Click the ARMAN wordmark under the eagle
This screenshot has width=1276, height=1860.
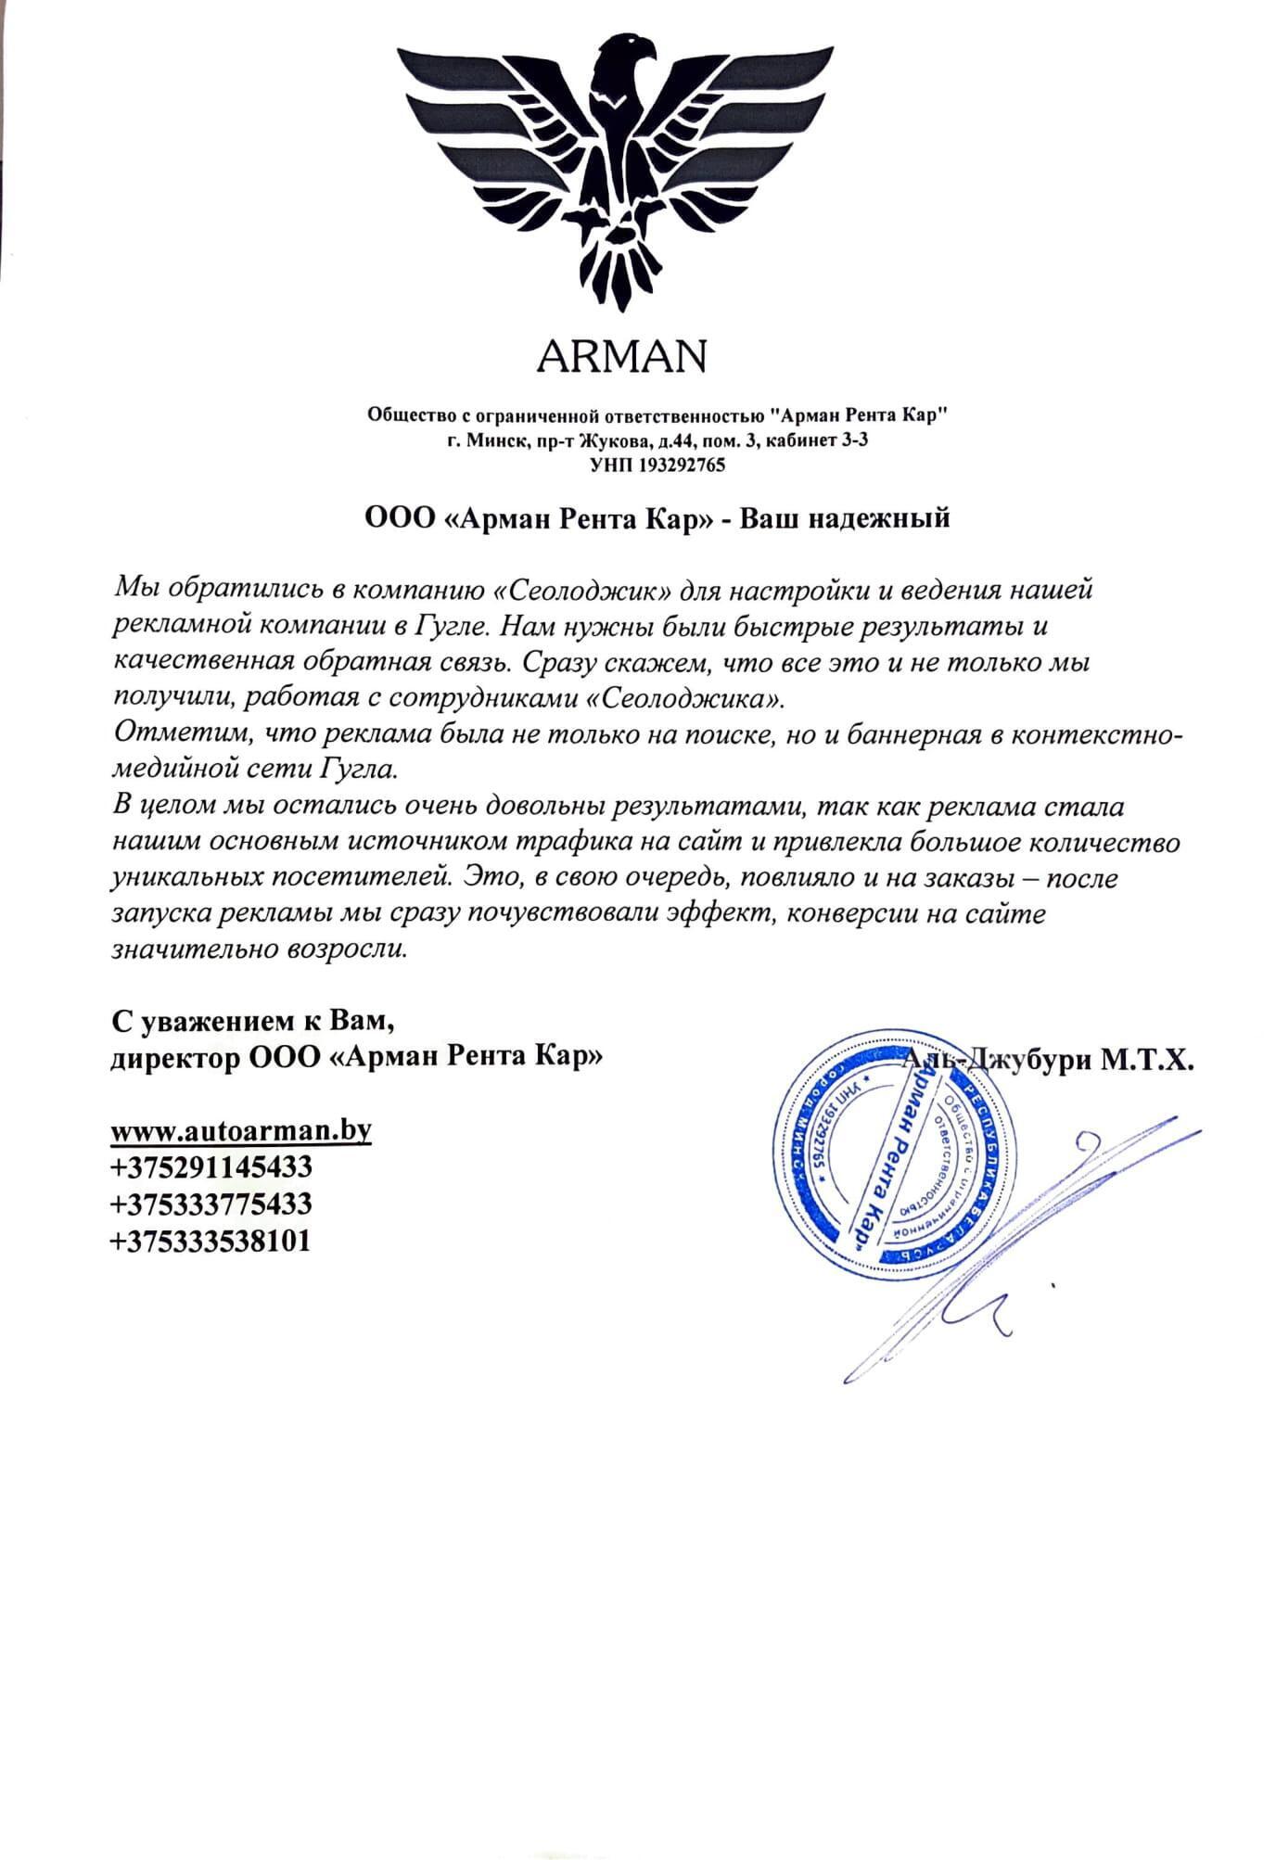(x=621, y=354)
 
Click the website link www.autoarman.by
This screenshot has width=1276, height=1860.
(x=241, y=1132)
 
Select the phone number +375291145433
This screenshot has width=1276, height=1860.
(x=211, y=1167)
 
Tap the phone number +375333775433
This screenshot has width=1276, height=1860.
(x=211, y=1204)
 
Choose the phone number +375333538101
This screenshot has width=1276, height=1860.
(x=211, y=1242)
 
